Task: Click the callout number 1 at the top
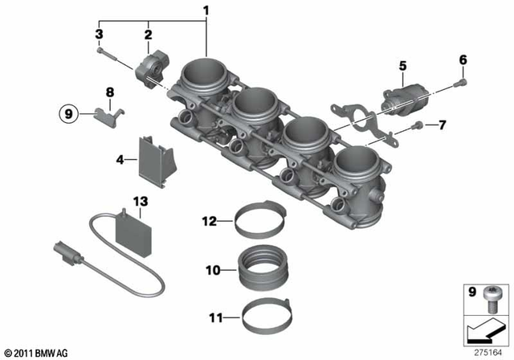pos(206,11)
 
